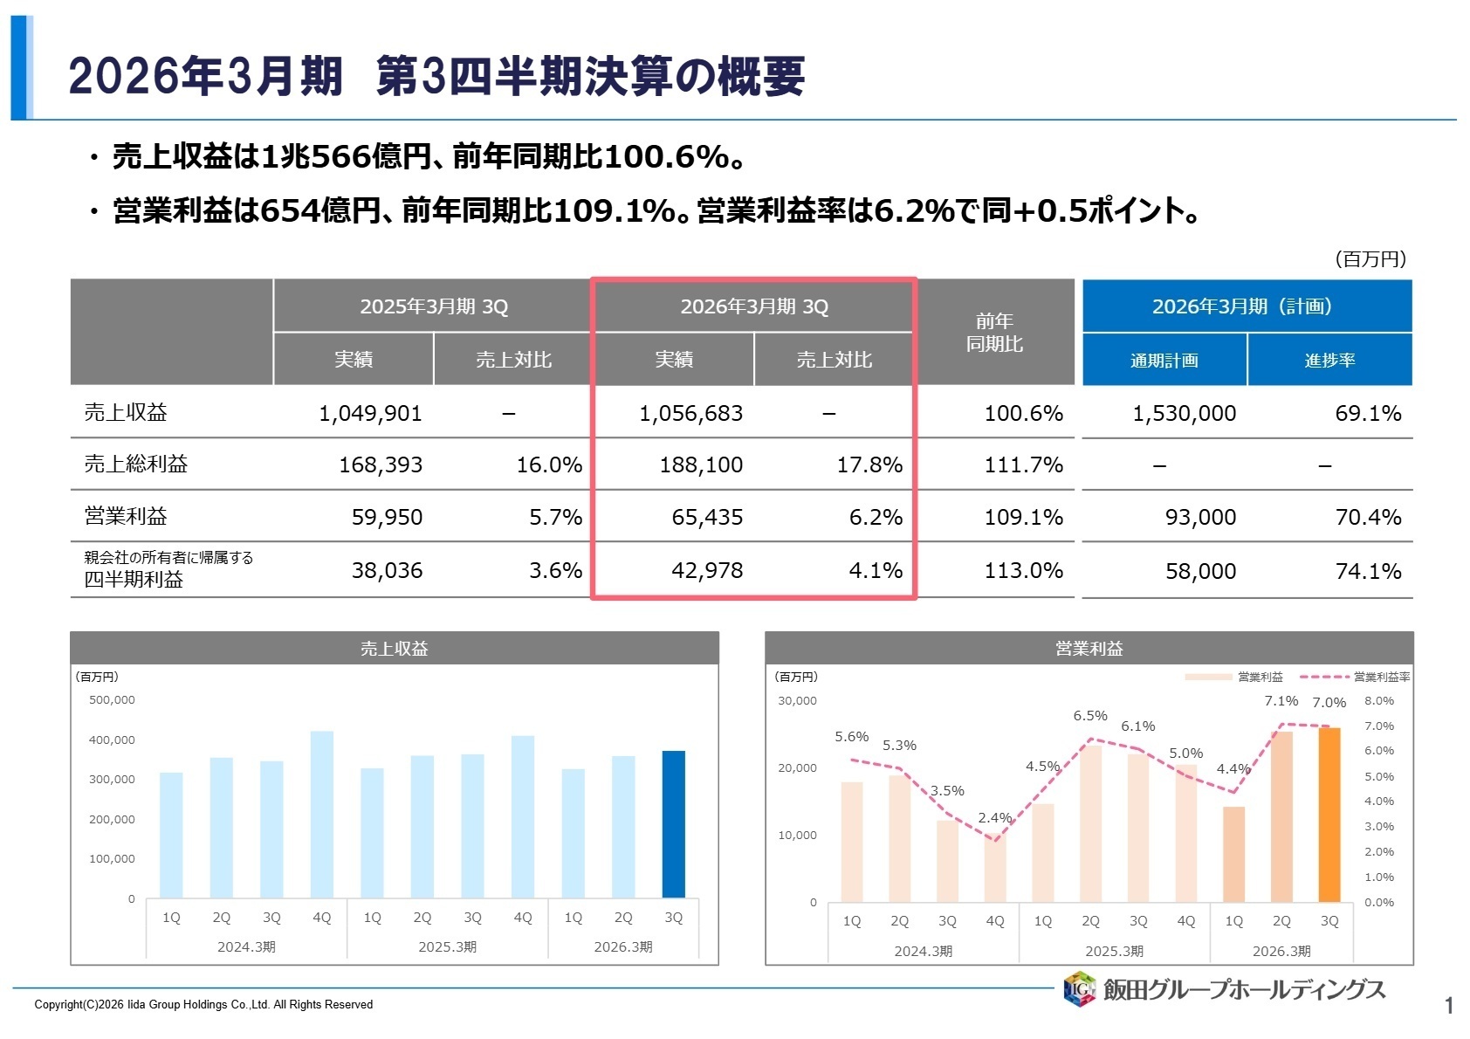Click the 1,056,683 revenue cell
click(690, 413)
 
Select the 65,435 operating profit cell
click(707, 517)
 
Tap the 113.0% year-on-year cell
click(1023, 571)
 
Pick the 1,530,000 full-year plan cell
click(1184, 413)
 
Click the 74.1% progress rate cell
click(1368, 571)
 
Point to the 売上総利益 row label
click(136, 464)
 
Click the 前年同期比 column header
click(994, 333)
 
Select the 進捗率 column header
click(1329, 360)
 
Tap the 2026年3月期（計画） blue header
click(1247, 306)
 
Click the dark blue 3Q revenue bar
click(673, 823)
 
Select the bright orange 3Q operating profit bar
click(1329, 814)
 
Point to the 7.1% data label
click(1281, 701)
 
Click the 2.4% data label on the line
click(994, 818)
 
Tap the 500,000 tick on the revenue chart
click(112, 700)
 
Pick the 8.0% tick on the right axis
click(1379, 701)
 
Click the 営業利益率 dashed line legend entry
click(1354, 677)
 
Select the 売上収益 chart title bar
click(394, 649)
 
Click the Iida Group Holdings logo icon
click(1079, 989)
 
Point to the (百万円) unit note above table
click(1370, 259)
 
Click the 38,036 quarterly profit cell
click(387, 571)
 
